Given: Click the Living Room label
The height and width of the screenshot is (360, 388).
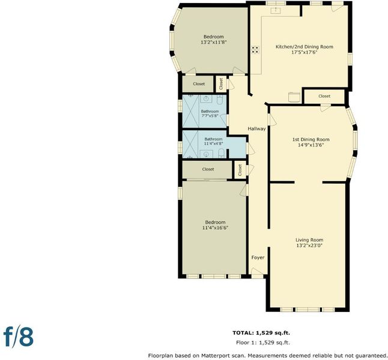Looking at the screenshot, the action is tap(309, 240).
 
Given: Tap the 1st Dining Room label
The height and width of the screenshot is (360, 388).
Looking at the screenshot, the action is tap(311, 139).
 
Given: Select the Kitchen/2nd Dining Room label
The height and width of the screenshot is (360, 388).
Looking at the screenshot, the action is tap(305, 47).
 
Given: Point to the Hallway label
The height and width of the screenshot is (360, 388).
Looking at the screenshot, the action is tap(256, 128).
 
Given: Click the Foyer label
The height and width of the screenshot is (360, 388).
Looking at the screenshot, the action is tap(258, 257).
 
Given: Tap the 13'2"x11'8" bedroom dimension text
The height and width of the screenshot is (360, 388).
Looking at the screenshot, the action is tap(214, 42).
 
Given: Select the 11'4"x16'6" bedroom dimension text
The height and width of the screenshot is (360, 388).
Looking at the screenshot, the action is tap(215, 228).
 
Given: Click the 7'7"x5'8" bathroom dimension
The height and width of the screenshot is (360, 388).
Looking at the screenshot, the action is tap(210, 115).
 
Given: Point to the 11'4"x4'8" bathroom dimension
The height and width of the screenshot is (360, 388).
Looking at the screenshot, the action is tap(213, 143).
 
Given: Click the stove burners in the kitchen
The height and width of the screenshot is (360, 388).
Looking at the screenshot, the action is tap(255, 50).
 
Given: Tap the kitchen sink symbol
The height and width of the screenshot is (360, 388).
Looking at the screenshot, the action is tap(275, 10).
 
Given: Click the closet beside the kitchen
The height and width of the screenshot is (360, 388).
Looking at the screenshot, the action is tap(324, 96).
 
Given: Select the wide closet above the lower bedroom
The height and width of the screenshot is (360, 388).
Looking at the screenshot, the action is tap(208, 169).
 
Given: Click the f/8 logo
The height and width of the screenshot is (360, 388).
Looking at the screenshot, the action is tap(18, 337).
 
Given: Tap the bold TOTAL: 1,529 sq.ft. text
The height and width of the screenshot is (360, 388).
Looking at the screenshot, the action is tap(261, 333).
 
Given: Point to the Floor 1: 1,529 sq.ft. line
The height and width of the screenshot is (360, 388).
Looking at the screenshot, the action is tap(263, 343).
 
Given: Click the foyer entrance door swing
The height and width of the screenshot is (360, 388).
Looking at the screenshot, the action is tap(257, 271).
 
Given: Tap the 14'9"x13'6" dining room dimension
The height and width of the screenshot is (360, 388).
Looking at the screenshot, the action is tap(311, 145).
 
